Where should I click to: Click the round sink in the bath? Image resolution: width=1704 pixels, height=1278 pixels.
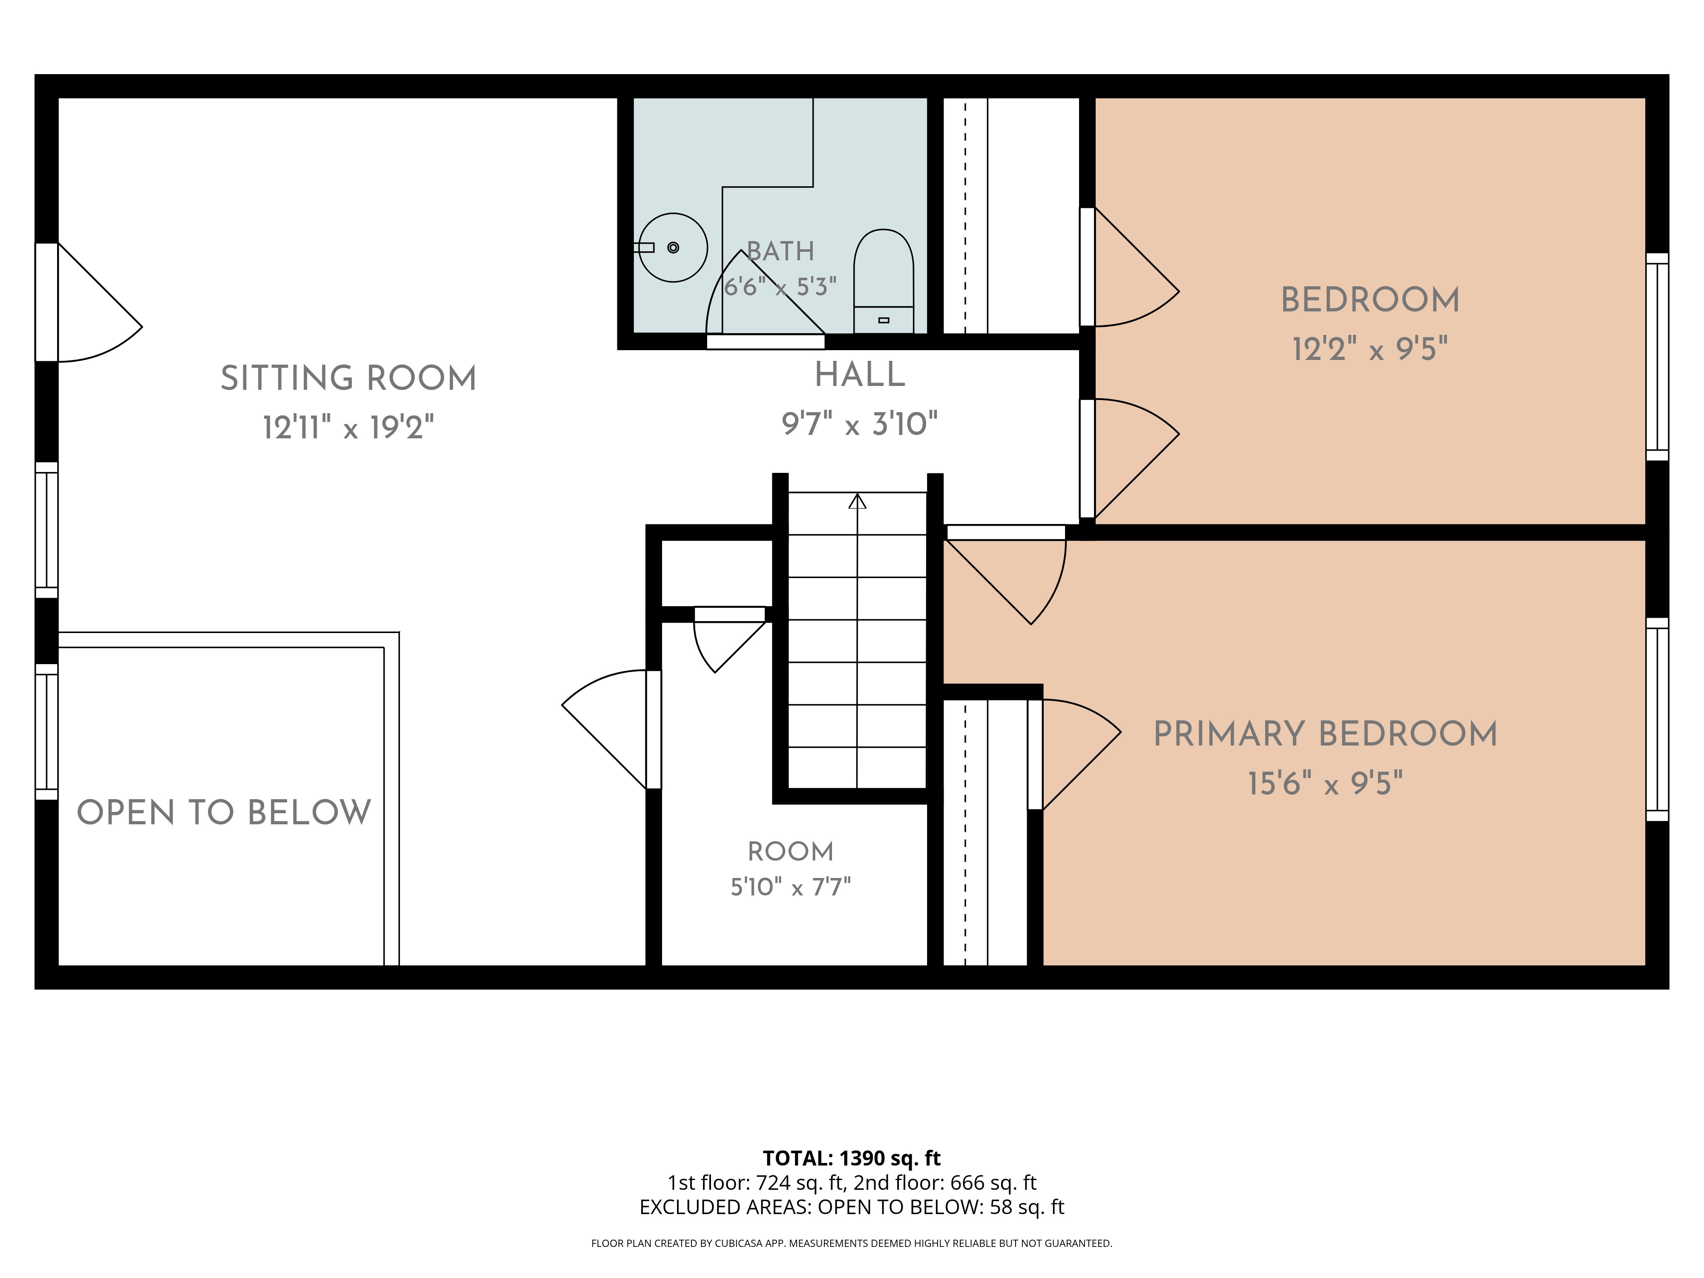pos(673,247)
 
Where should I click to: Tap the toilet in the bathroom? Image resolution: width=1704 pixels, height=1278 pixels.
pos(884,281)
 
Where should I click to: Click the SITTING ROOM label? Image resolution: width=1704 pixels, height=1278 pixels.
pos(348,378)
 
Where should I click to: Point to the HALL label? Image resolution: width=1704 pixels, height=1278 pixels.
pos(860,375)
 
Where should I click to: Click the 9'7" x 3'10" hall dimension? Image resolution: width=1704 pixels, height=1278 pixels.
pos(860,424)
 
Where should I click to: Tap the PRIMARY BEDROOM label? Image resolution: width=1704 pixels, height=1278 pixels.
pos(1325,734)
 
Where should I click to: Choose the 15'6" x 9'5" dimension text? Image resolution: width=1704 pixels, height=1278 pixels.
pos(1325,783)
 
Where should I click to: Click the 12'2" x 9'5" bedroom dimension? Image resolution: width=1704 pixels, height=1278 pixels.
pos(1370,349)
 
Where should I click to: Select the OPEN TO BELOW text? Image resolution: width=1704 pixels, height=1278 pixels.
pos(224,813)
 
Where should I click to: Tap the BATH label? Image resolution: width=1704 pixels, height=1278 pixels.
pos(780,251)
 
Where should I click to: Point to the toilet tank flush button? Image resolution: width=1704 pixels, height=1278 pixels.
pos(884,319)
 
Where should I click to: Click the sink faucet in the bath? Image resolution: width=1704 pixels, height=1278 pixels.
pos(644,247)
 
